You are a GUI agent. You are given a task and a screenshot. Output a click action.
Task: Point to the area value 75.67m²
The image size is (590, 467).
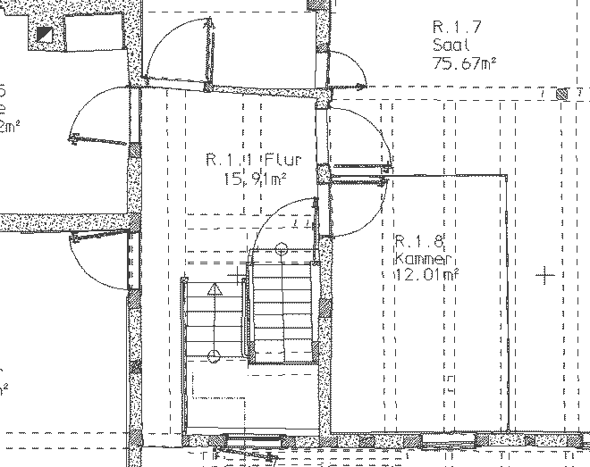coord(464,63)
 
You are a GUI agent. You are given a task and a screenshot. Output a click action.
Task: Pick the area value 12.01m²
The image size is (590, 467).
coord(426,274)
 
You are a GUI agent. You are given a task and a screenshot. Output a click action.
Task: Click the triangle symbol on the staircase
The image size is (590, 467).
coord(214,290)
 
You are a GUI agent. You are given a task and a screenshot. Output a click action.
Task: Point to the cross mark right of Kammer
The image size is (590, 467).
coord(545,276)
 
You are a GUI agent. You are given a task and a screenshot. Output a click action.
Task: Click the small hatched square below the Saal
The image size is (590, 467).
coord(560,93)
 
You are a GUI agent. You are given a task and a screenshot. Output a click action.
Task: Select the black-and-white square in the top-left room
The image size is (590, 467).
coord(45,36)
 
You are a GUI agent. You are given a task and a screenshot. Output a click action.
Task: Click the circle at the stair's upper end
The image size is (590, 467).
coord(282,247)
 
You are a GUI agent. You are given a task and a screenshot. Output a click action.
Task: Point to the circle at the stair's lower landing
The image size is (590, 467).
coord(214,357)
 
